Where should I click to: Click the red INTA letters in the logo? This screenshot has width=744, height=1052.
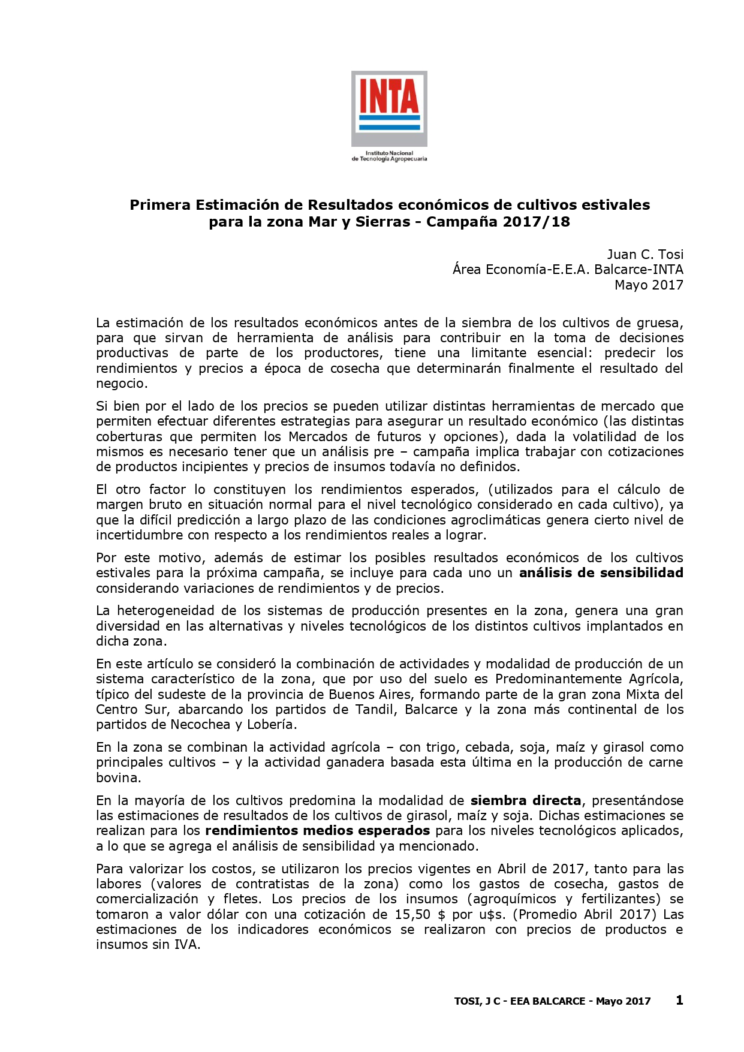point(388,95)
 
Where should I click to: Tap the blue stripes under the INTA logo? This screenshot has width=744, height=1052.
point(388,123)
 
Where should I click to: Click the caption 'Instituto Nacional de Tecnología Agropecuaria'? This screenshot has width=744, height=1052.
point(389,156)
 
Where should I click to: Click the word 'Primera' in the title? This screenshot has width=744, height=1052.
point(159,205)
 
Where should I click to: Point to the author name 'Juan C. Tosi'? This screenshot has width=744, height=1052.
point(645,254)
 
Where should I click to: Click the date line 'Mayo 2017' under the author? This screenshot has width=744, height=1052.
point(649,285)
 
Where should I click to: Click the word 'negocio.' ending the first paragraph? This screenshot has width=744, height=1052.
point(122,384)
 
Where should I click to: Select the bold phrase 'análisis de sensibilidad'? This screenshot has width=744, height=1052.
point(601,572)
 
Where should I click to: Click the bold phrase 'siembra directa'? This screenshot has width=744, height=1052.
point(526,800)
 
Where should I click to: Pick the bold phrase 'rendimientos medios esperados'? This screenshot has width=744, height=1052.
point(317,831)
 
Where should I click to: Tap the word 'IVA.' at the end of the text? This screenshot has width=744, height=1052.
point(186,945)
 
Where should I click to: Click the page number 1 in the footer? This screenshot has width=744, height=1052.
point(679,1000)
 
